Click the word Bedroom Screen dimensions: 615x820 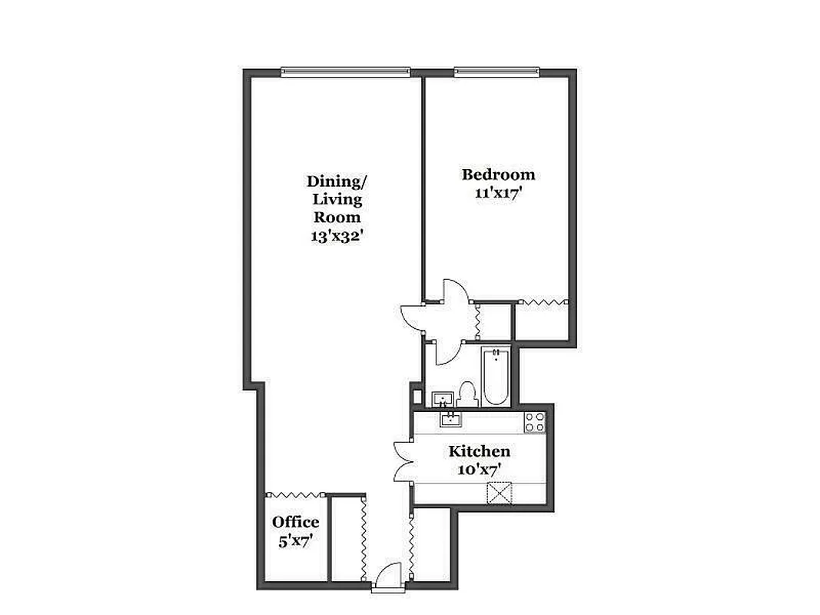[x=498, y=175]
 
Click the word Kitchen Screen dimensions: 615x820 [x=480, y=451]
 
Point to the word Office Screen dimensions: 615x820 [x=295, y=523]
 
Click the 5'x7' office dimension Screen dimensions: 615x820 [x=295, y=540]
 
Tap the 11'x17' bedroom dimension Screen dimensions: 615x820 [x=499, y=193]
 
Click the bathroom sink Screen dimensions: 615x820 [x=443, y=399]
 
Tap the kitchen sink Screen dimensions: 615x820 [x=450, y=418]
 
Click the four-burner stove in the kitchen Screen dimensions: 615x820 [x=534, y=421]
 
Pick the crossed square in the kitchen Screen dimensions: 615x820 [x=503, y=492]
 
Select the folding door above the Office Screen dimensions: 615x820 [x=296, y=494]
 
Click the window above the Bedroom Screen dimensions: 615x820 [x=496, y=73]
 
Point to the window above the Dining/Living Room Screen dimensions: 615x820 [x=345, y=72]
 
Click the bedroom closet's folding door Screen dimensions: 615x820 [x=543, y=302]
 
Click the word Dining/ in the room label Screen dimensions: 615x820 [x=337, y=181]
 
